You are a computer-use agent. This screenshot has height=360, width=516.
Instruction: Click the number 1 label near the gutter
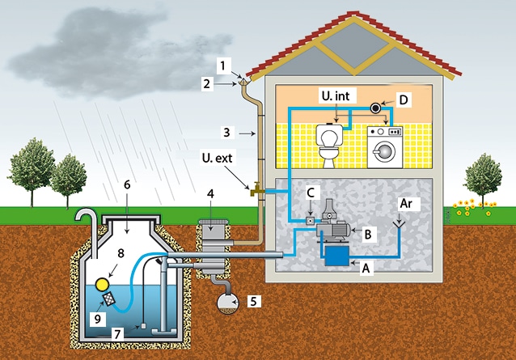click(x=225, y=62)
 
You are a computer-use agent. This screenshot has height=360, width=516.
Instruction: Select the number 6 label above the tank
click(x=128, y=185)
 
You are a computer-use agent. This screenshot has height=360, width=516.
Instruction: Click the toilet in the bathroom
click(x=330, y=146)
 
